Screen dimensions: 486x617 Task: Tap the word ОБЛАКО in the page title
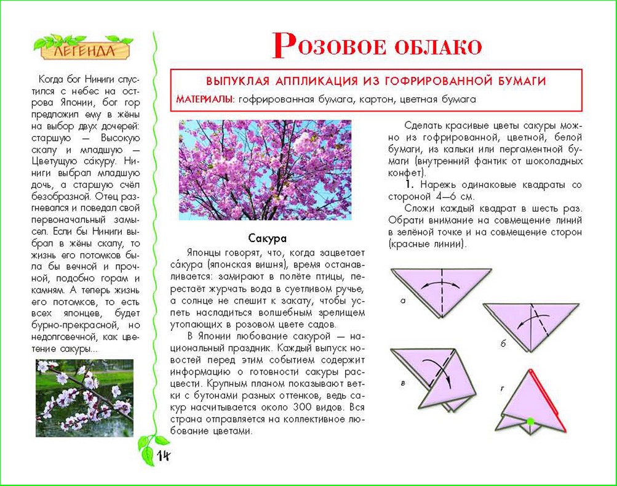[437, 46]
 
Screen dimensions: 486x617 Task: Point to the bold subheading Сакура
[268, 238]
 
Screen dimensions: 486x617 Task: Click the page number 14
[163, 455]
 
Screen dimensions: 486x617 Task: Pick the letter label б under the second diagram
[503, 344]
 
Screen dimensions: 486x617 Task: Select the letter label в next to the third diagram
[402, 383]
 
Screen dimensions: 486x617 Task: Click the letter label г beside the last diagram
[503, 388]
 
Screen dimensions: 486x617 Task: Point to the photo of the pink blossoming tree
[265, 170]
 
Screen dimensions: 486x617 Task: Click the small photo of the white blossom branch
[84, 398]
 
